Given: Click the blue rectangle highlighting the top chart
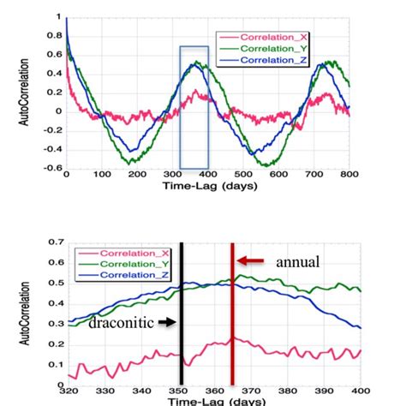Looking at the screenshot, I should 194,107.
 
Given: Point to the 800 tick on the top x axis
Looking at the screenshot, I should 347,175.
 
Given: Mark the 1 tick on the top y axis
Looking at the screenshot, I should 58,17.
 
